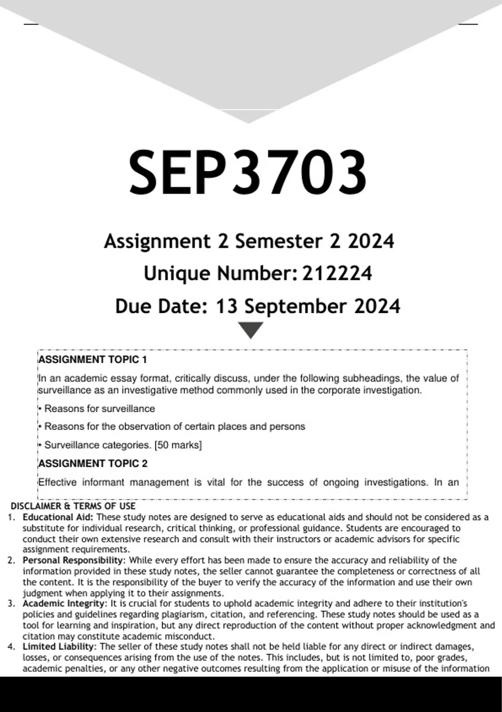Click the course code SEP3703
coord(248,173)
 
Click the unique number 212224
coord(337,273)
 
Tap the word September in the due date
coord(295,306)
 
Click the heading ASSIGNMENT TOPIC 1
coord(92,359)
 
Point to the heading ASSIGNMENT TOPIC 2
coord(93,463)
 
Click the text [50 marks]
coord(178,445)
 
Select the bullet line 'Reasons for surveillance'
coord(99,408)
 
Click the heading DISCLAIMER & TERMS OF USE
coord(73,506)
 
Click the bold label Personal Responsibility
coord(74,560)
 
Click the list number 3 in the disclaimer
coord(12,604)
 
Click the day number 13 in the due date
coord(226,306)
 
